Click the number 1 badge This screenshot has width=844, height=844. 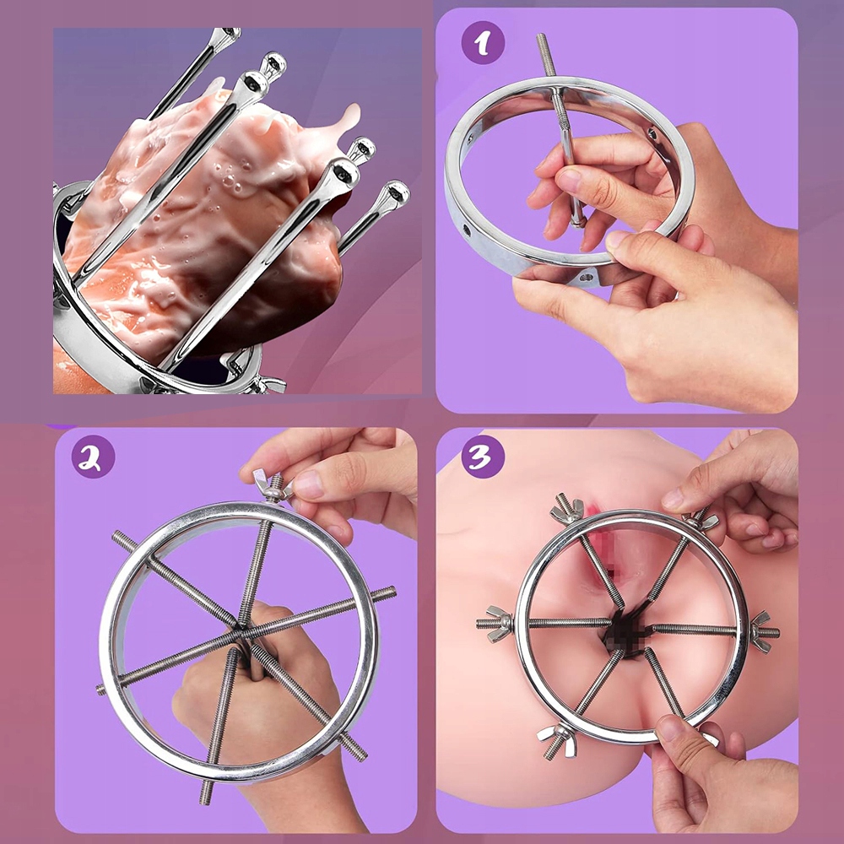tap(483, 43)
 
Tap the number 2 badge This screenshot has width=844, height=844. tap(93, 457)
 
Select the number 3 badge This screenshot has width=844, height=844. tap(483, 457)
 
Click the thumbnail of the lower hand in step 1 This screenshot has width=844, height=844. tap(617, 239)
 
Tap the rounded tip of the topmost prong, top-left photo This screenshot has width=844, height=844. tap(228, 35)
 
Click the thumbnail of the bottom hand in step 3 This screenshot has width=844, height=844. tap(671, 730)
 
